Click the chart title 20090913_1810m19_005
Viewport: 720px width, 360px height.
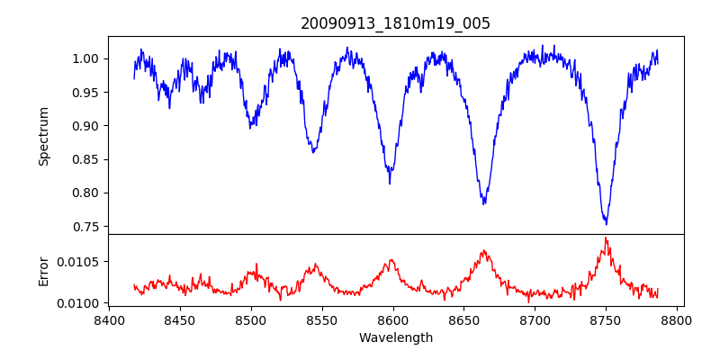coord(395,23)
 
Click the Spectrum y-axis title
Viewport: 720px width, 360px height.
coord(43,136)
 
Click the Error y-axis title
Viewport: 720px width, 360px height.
coord(43,270)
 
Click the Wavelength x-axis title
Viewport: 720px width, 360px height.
coord(395,337)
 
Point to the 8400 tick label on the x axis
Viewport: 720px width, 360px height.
coord(109,319)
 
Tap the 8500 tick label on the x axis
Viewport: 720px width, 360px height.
coord(251,319)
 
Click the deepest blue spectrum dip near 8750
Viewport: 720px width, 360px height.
coord(606,223)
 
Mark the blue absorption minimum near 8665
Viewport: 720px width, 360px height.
coord(484,203)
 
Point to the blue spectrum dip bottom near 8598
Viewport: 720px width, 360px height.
coord(390,183)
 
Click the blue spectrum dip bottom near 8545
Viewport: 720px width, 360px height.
coord(313,152)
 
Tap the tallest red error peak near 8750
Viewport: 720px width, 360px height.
coord(606,238)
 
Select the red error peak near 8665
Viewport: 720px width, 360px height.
coord(484,250)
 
